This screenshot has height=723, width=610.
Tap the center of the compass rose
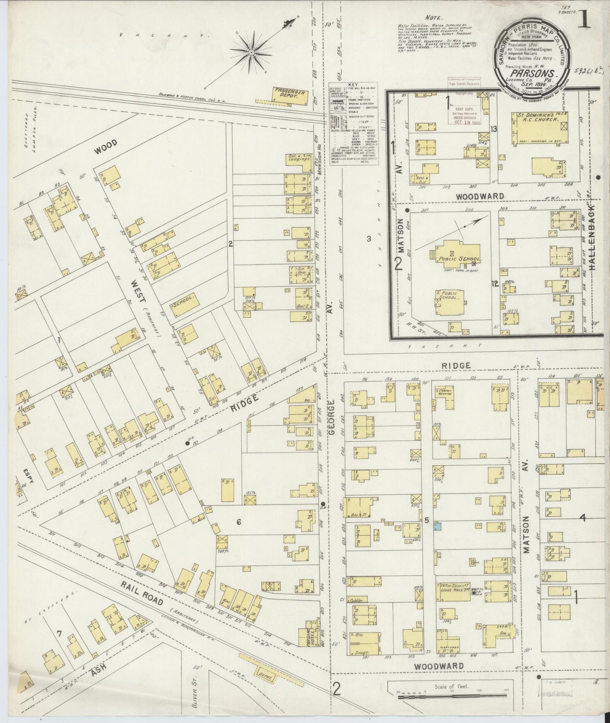click(252, 52)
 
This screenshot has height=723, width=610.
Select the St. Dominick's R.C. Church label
click(536, 117)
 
